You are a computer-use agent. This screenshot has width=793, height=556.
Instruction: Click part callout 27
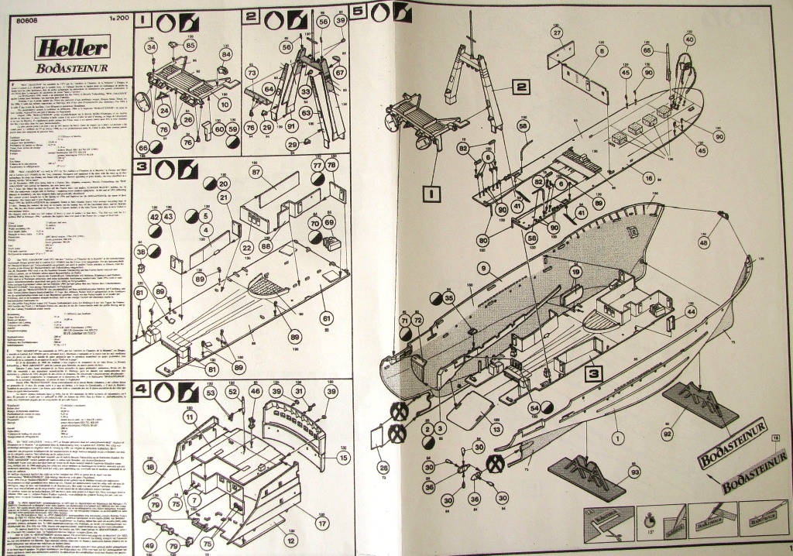[x=557, y=33]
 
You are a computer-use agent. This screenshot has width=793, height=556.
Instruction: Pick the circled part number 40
[x=688, y=39]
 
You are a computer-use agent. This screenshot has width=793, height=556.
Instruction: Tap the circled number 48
[x=704, y=243]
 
